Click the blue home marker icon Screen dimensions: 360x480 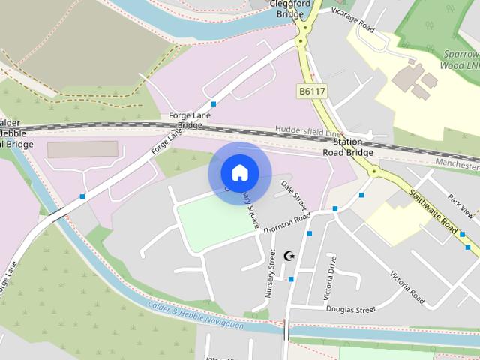239,173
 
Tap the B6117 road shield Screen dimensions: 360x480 312,91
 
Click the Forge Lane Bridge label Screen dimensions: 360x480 190,121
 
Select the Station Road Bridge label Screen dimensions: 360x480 348,147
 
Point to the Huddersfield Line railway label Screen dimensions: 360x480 307,130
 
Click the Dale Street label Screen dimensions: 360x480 294,195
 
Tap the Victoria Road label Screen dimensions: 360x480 407,285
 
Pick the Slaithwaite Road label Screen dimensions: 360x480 433,209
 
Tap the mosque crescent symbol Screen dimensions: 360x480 290,256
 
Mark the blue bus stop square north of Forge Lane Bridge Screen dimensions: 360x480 214,103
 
